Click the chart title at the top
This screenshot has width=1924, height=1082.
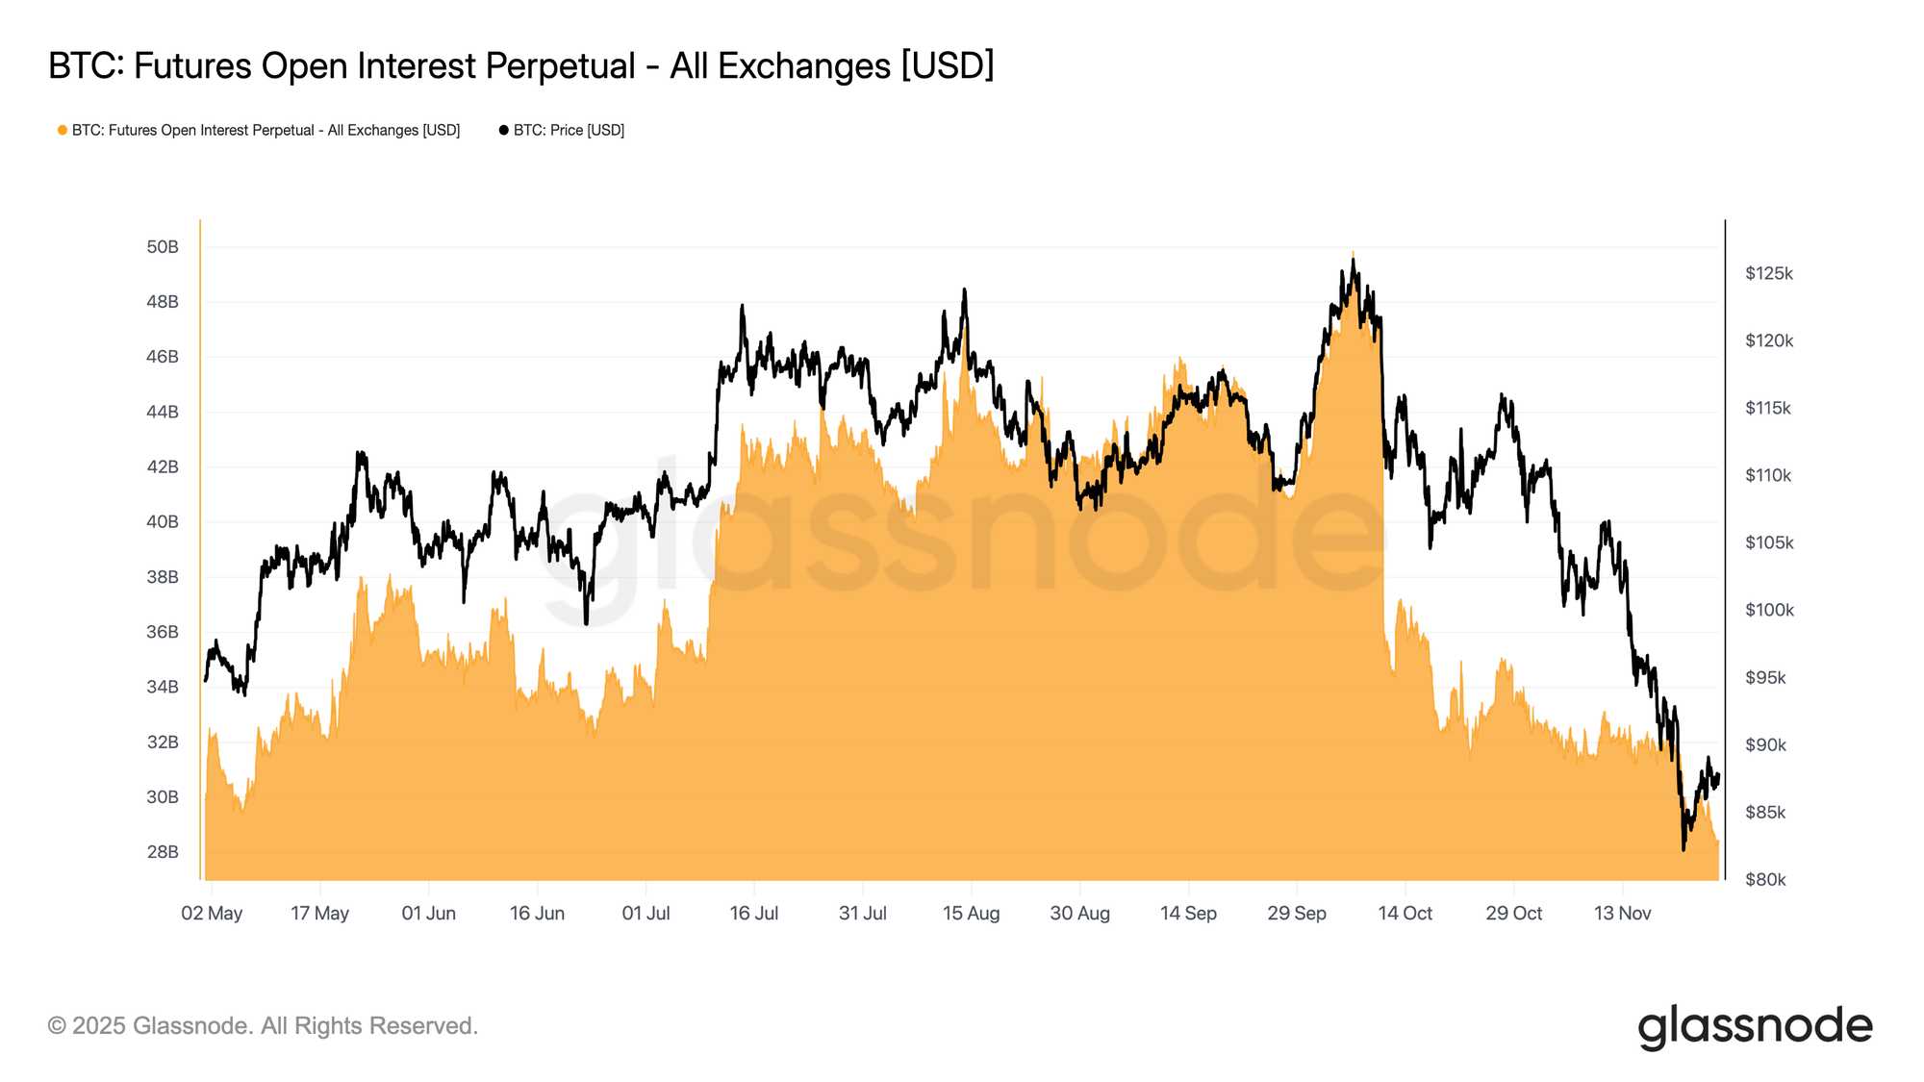tap(520, 66)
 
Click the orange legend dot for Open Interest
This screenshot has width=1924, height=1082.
tap(63, 130)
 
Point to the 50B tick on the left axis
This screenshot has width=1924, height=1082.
tap(163, 247)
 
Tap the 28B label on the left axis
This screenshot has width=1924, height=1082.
tap(163, 852)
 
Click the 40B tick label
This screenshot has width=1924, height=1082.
tap(163, 522)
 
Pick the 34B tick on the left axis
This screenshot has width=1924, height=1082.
tap(163, 687)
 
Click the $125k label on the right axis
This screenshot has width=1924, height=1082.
tap(1769, 274)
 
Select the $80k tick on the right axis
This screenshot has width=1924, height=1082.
tap(1765, 880)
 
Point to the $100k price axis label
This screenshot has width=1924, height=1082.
tap(1769, 611)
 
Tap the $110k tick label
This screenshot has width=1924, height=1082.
tap(1768, 476)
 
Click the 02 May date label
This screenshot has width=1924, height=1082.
tap(212, 914)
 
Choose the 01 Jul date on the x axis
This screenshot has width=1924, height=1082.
tap(646, 914)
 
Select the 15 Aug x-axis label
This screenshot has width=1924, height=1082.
tap(971, 914)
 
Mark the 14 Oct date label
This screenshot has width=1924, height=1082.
tap(1405, 914)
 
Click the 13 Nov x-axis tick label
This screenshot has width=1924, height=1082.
tap(1622, 914)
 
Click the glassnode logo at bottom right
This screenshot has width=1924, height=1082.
tap(1755, 1026)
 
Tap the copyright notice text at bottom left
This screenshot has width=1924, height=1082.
tap(263, 1026)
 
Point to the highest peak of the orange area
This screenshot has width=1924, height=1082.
tap(1353, 253)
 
